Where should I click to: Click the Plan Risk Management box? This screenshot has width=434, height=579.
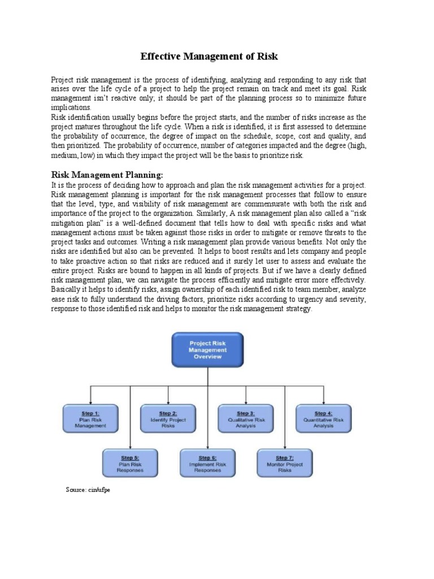[90, 419]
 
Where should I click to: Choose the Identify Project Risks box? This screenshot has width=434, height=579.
[168, 419]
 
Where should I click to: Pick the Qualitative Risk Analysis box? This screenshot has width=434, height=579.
[246, 419]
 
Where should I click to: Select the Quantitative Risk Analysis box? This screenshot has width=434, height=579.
[323, 419]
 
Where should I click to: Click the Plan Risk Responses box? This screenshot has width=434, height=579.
[130, 463]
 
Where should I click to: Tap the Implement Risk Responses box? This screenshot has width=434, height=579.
[207, 463]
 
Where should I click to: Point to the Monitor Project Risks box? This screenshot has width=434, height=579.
[285, 463]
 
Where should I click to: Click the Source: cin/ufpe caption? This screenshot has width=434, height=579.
[88, 490]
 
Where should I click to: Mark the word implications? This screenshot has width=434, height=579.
[71, 107]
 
